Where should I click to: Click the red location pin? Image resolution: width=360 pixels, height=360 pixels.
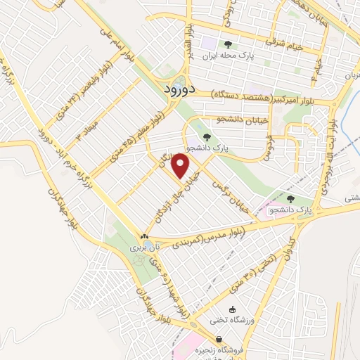pyautogui.click(x=182, y=166)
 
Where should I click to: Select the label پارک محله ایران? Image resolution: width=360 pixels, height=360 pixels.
pyautogui.click(x=227, y=54)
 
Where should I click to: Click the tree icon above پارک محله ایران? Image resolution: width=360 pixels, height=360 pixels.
pyautogui.click(x=227, y=44)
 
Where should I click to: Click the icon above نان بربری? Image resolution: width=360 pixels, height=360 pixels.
pyautogui.click(x=144, y=236)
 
